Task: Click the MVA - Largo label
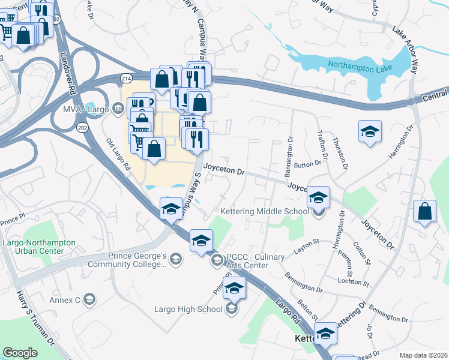point(87,109)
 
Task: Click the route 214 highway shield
point(126,79)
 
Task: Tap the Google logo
point(20,352)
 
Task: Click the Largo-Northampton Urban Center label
point(40,247)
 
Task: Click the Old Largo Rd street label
point(118,155)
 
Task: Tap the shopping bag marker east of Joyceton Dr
point(424,211)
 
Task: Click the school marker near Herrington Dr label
point(370,131)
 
